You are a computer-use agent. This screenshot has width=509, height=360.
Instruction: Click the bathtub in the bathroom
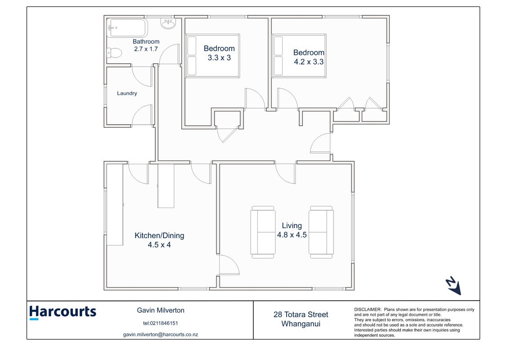127,28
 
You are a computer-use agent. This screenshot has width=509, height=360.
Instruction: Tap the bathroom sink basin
168,24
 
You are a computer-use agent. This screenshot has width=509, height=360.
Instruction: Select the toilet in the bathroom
114,53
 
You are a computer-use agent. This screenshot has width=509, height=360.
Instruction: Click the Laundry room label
127,93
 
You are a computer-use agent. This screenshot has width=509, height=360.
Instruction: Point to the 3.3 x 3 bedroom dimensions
219,58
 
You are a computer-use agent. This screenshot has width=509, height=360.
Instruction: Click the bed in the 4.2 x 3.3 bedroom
299,56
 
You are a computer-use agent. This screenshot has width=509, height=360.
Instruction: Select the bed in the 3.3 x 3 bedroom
212,56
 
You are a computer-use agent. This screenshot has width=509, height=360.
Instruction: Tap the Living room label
292,225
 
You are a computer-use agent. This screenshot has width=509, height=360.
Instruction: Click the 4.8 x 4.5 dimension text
292,235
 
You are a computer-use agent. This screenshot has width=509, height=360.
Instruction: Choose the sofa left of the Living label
263,232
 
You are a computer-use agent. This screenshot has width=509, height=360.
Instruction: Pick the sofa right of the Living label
321,232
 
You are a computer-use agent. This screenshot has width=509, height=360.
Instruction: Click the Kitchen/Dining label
159,236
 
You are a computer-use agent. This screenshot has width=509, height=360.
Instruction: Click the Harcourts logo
63,312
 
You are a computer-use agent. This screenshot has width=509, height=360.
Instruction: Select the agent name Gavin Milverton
161,310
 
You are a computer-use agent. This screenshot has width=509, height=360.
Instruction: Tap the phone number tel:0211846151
160,323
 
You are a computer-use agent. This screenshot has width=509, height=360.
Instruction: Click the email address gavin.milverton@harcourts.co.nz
161,334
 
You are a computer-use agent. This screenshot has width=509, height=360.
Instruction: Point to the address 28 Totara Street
301,315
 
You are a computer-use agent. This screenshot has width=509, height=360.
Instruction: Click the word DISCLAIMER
367,310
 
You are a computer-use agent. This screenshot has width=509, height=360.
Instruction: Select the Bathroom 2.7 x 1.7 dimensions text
146,49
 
